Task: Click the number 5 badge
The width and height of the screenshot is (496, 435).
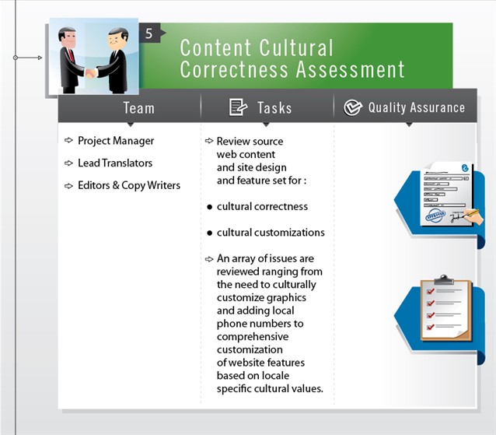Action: (148, 33)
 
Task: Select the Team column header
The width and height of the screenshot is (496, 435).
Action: (138, 108)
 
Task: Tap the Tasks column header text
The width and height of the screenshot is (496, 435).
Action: (274, 108)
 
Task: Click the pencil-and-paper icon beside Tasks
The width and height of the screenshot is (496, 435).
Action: (238, 107)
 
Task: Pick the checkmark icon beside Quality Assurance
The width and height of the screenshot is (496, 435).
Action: (353, 108)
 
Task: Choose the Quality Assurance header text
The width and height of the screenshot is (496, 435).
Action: (416, 108)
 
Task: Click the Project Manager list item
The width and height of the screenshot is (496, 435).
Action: (116, 141)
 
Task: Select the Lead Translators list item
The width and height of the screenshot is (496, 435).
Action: (115, 163)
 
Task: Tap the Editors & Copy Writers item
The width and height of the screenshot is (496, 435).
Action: (129, 185)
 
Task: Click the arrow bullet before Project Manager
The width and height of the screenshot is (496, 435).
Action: (68, 141)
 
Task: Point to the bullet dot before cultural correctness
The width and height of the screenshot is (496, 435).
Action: (210, 208)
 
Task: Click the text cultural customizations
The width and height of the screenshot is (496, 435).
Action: (271, 232)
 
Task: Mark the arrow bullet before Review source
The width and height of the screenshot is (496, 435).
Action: (208, 141)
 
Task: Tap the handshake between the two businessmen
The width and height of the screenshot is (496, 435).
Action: (92, 73)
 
